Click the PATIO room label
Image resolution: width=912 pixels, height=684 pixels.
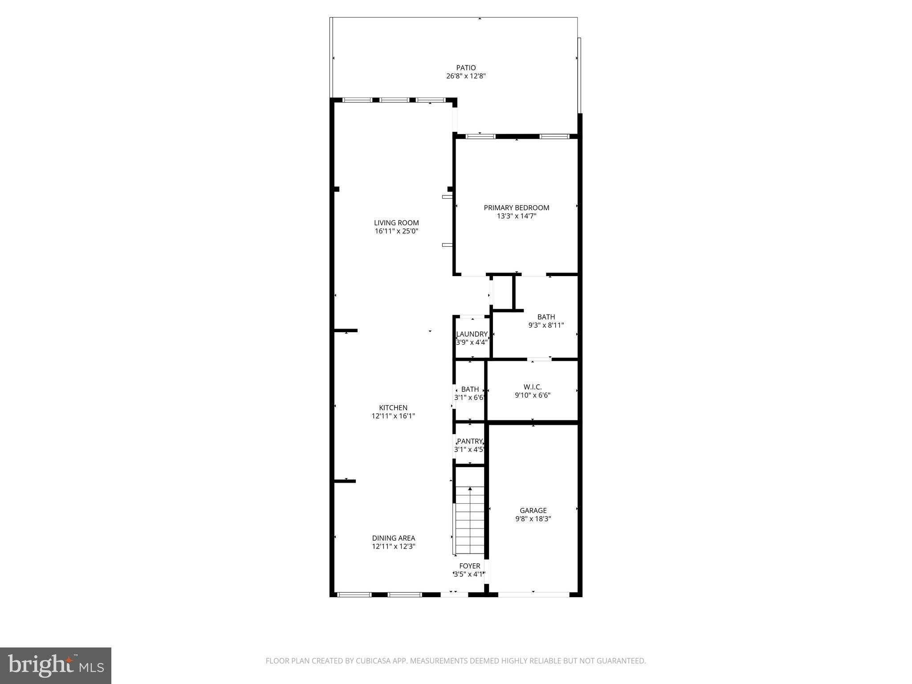pos(466,68)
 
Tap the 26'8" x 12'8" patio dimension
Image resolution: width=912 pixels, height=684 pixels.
pos(466,76)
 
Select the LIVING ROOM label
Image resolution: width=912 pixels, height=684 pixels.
pos(396,223)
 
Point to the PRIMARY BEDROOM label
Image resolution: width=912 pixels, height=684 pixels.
pos(517,208)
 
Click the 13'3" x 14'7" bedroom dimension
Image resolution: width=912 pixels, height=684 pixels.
pos(517,216)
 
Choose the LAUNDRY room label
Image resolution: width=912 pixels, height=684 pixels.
pos(472,334)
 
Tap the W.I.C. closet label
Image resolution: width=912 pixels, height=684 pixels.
pos(533,387)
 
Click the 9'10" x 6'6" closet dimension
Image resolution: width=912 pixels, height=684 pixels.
pos(533,395)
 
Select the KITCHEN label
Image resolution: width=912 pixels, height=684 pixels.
pos(393,408)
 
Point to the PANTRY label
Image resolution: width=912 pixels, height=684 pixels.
pos(470,441)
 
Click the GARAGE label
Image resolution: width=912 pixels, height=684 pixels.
pos(533,511)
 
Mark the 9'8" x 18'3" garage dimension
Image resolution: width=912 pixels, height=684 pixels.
pos(533,519)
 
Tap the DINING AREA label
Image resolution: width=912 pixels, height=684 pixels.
pos(394,538)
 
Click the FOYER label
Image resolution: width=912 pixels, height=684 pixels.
pos(470,566)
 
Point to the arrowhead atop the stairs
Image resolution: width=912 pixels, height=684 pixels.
pos(470,489)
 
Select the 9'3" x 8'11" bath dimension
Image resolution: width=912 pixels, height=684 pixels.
pos(546,326)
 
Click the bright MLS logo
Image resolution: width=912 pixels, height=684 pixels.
pos(56,666)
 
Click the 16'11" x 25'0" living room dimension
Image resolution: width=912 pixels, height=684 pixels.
pos(396,231)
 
